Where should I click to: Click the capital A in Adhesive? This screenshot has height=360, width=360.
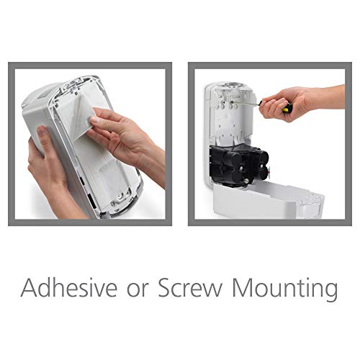[x=30, y=289]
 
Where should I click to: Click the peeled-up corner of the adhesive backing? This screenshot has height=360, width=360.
[x=85, y=115]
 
